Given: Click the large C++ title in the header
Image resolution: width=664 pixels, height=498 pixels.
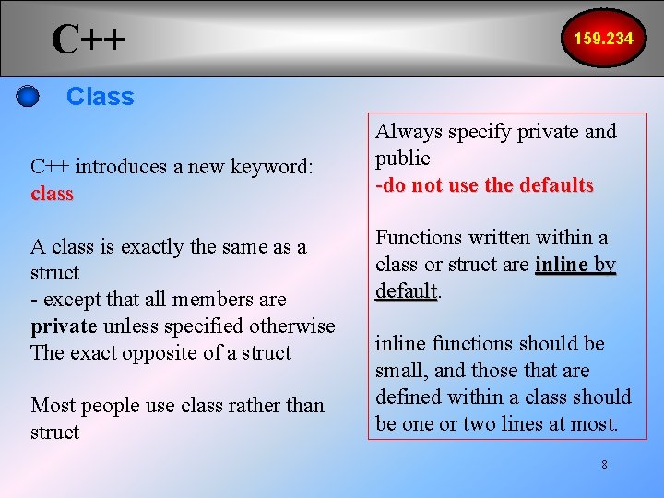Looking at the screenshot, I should (x=89, y=40).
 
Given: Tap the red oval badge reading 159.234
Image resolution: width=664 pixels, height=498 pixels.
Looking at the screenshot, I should (x=603, y=39).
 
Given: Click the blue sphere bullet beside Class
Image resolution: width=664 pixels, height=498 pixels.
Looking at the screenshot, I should (x=29, y=96).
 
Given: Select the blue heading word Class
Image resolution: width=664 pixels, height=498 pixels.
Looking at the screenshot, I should (x=101, y=96).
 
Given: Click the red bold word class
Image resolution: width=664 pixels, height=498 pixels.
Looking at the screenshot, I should (x=52, y=194).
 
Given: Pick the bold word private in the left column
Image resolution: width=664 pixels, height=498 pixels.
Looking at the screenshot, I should (x=64, y=326).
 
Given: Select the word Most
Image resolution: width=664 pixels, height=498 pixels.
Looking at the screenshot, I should (x=51, y=405).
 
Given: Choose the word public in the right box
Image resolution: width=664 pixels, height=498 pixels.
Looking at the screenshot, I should (x=403, y=159).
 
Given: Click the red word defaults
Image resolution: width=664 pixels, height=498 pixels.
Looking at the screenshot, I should (x=555, y=185).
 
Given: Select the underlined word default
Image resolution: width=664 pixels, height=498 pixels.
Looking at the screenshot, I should (x=406, y=291).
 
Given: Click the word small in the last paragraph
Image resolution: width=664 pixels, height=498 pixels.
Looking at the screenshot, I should (x=399, y=371).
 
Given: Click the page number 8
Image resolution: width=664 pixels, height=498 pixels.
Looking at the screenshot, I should (x=604, y=465).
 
